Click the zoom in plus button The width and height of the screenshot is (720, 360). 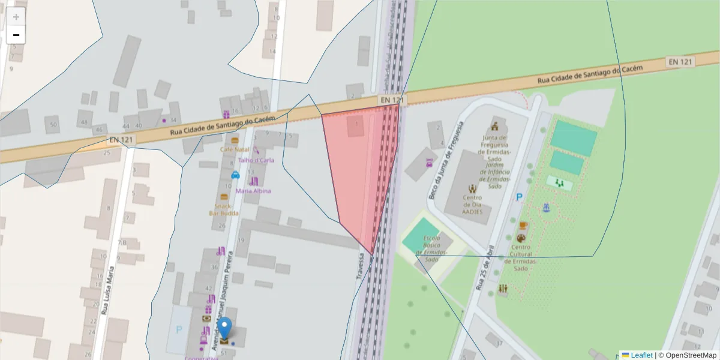click(x=16, y=17)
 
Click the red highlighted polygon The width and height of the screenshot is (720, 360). click(x=357, y=174)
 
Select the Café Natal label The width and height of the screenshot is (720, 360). click(x=234, y=149)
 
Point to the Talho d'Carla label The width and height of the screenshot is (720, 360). click(x=256, y=160)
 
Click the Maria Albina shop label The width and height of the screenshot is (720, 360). click(x=253, y=191)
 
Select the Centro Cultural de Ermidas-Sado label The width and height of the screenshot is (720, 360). click(x=521, y=257)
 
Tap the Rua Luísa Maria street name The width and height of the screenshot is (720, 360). click(x=109, y=291)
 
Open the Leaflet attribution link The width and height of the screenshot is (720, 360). click(x=641, y=355)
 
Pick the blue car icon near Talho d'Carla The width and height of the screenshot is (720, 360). click(x=235, y=175)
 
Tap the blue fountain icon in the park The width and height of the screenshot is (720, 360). click(x=546, y=208)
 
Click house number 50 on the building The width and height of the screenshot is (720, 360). click(x=54, y=125)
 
